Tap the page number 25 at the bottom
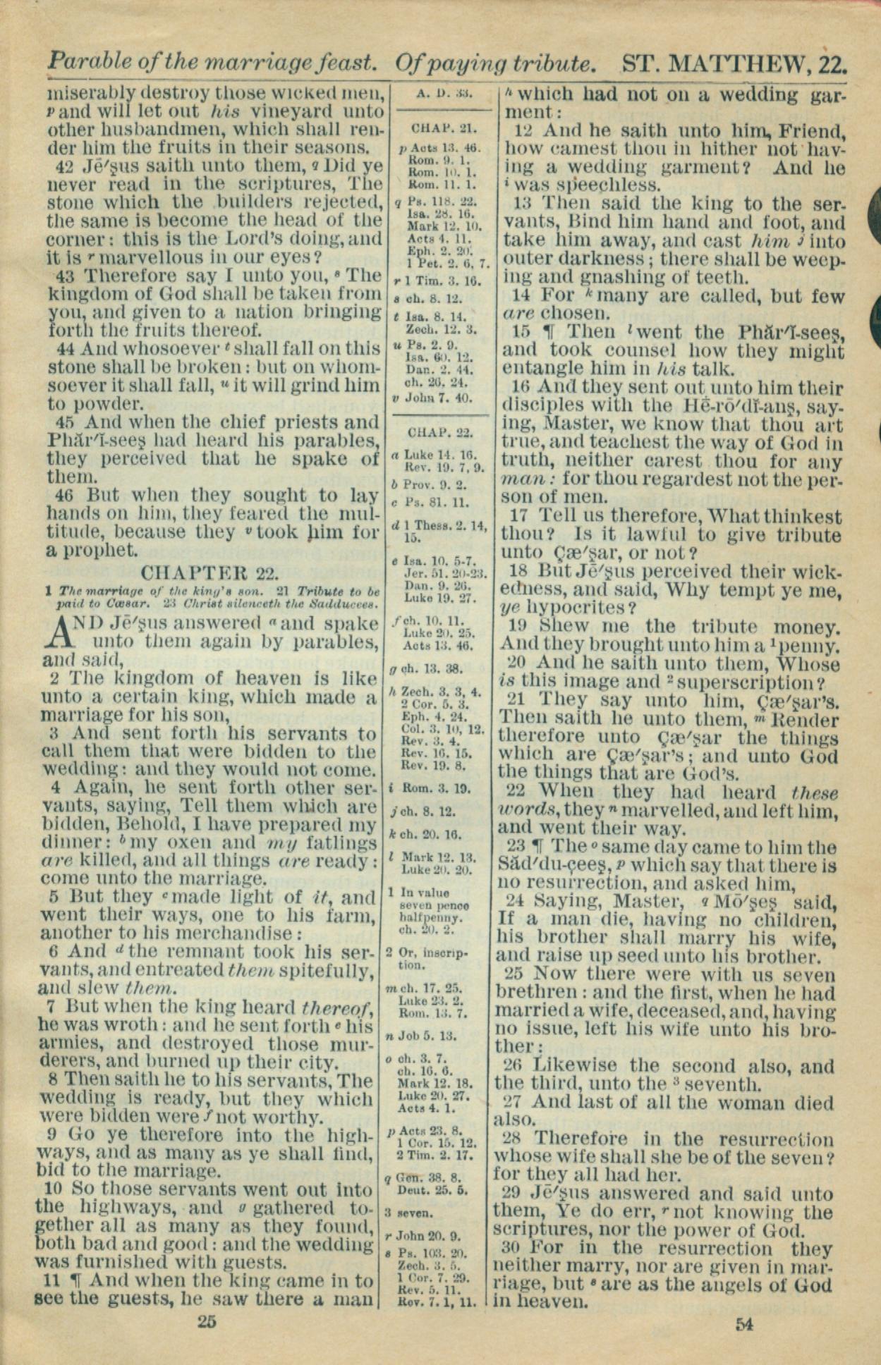tap(206, 1321)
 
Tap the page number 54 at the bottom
tap(744, 1323)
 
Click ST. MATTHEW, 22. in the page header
tap(734, 65)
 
